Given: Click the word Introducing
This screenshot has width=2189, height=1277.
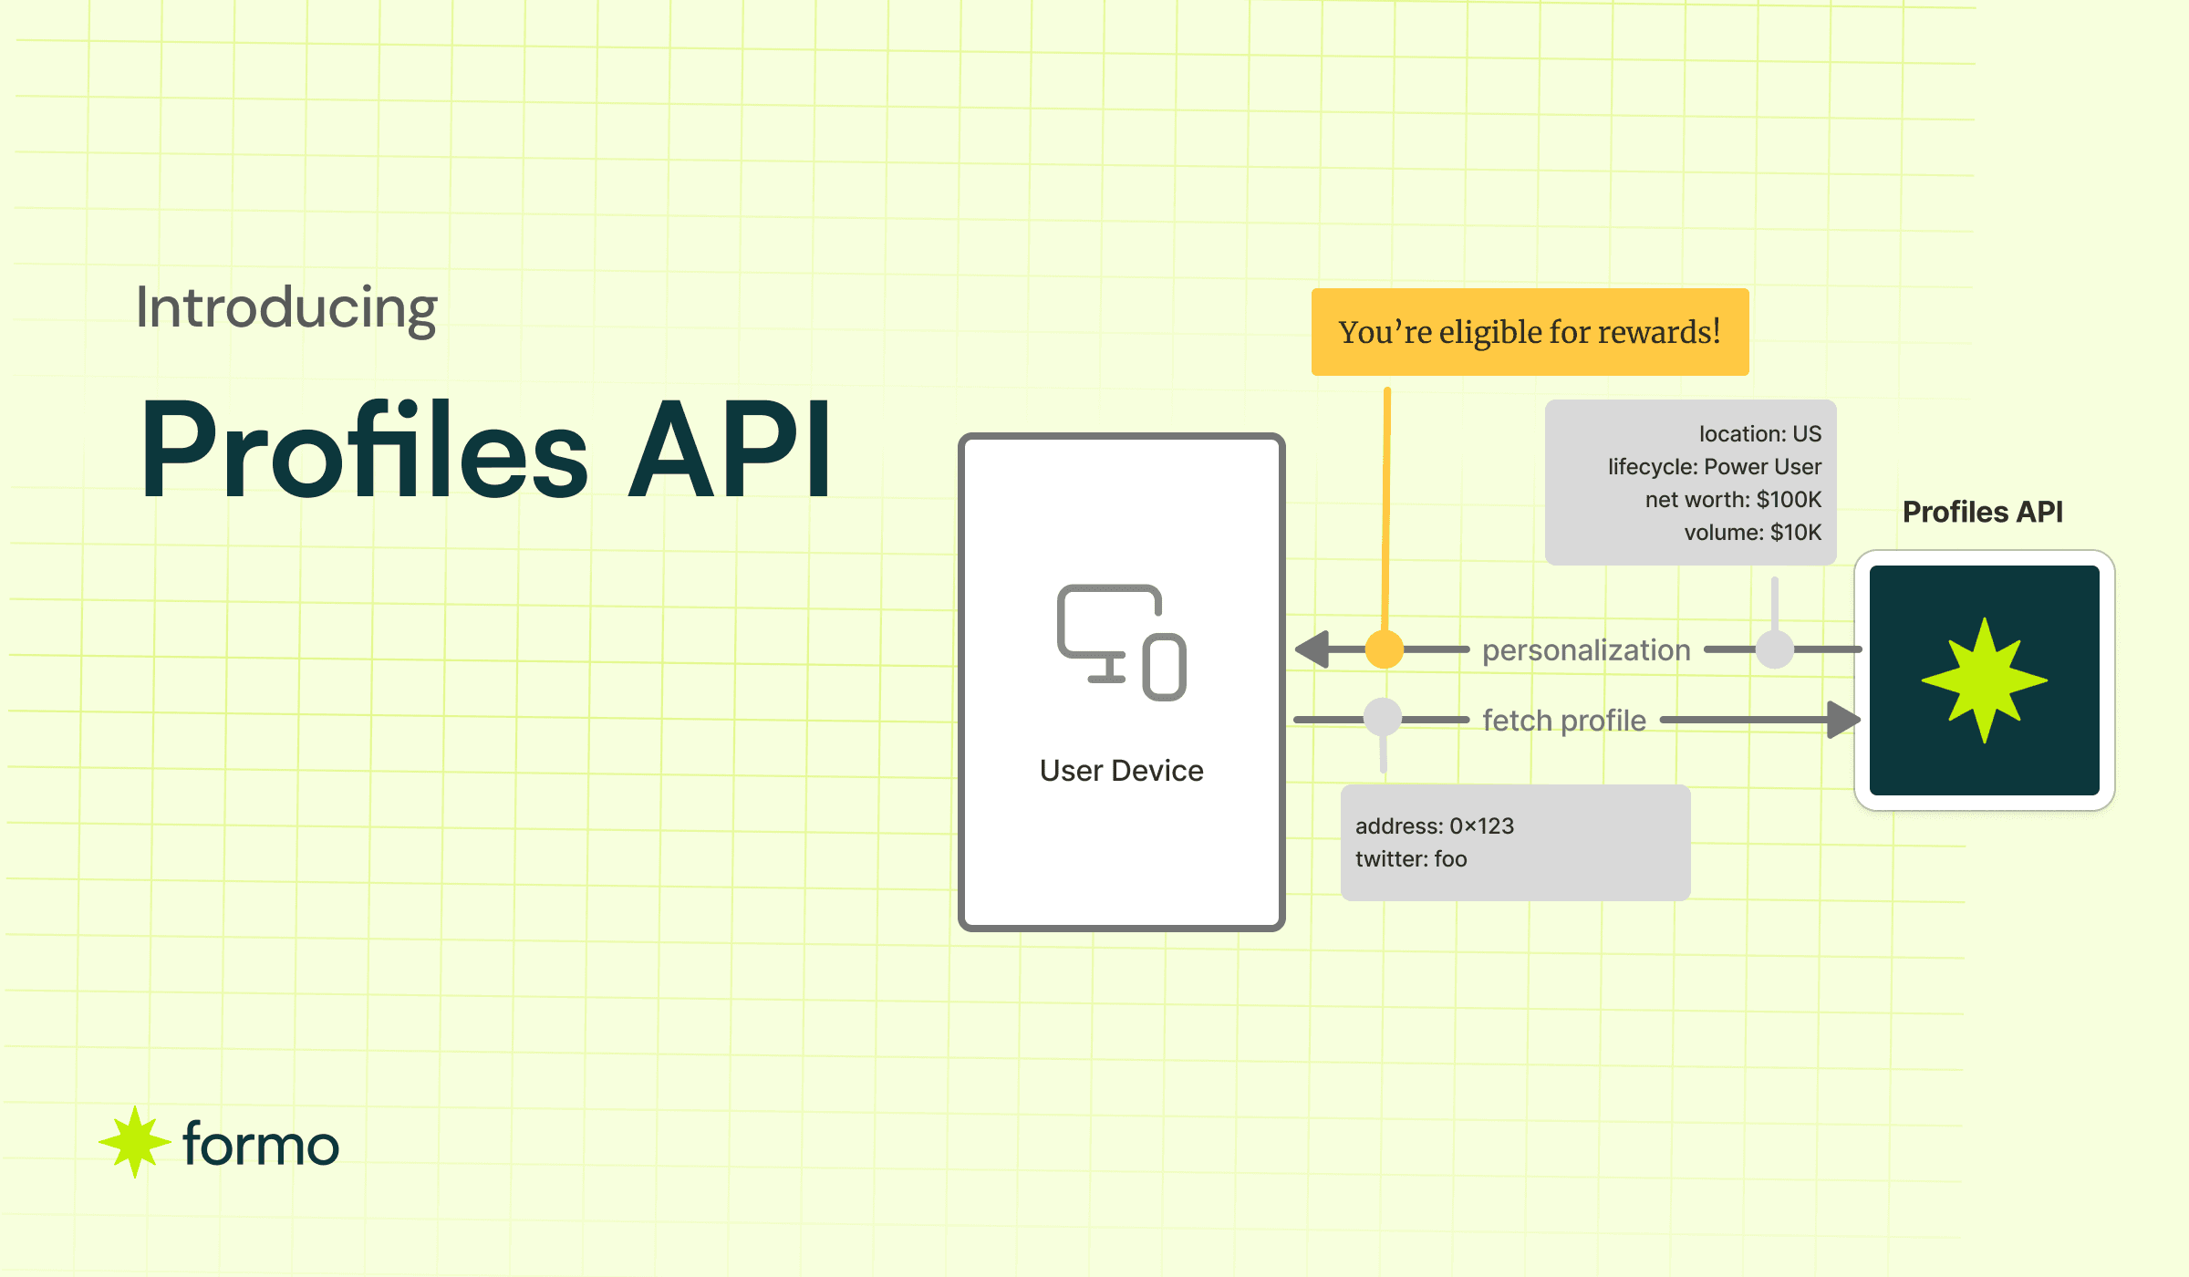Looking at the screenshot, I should [286, 308].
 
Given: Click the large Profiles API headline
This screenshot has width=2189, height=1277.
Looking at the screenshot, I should [485, 451].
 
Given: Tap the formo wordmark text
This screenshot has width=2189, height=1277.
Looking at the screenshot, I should [261, 1145].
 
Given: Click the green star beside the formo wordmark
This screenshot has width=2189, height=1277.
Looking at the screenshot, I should [134, 1141].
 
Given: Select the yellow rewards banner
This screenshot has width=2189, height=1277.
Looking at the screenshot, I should [1530, 332].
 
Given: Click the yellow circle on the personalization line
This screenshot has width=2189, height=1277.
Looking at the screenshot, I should [1385, 649].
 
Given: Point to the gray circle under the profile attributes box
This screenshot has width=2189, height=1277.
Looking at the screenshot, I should [1775, 649].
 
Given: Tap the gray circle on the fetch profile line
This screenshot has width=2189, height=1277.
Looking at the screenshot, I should [1383, 718].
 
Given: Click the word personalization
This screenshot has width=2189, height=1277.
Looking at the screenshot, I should [1586, 650].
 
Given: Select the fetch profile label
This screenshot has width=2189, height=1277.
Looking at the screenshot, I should [1564, 721].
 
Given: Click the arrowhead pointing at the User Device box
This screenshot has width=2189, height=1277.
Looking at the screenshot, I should [1313, 649].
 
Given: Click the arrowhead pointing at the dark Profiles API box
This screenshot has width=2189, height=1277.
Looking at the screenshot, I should [1842, 720].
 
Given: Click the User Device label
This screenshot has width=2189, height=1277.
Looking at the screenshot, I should [1121, 771].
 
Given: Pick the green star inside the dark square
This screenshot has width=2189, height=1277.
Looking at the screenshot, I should [1985, 680].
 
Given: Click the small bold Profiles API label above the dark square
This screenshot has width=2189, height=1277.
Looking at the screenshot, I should [1982, 512].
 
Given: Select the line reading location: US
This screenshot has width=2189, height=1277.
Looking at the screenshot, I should [1759, 434].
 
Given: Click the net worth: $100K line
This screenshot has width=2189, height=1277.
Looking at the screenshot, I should [1732, 500].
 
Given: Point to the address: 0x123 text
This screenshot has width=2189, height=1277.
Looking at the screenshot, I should [1434, 826].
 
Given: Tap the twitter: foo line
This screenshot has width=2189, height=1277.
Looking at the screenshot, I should [1411, 859].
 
